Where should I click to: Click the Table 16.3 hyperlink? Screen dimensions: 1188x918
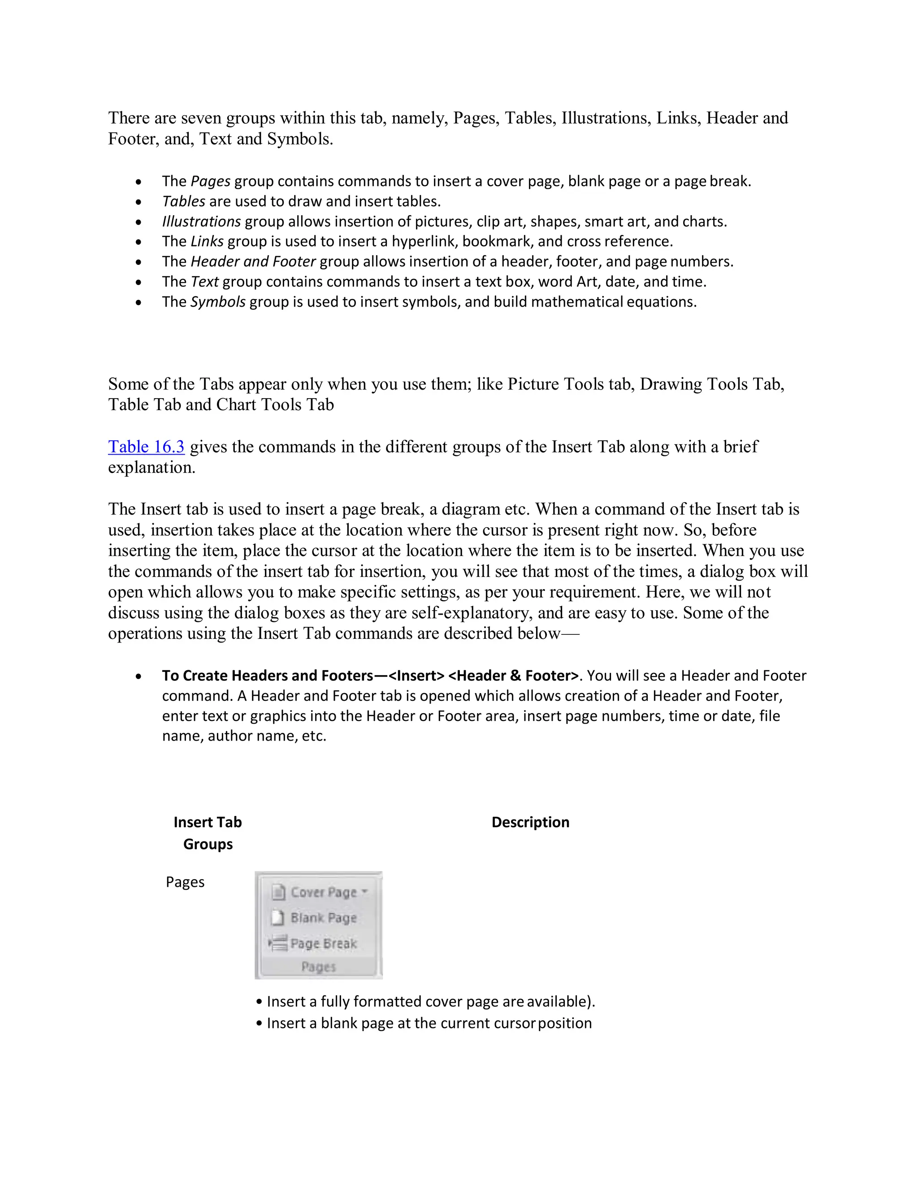(146, 447)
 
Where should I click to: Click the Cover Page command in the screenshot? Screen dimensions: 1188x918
(323, 893)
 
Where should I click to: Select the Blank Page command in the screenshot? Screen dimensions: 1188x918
(323, 918)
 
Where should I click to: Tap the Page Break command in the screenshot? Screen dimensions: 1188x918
(323, 944)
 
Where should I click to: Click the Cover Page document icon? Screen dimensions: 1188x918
(278, 893)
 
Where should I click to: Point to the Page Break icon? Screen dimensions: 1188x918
(278, 943)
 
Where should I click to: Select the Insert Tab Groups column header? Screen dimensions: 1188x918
(208, 833)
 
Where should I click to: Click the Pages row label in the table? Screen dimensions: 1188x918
(185, 882)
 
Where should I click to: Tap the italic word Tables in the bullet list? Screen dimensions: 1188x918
(184, 202)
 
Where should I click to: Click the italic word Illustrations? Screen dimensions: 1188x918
(201, 222)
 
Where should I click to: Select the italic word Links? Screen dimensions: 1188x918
(207, 242)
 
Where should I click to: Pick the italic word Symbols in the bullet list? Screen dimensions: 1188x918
(217, 302)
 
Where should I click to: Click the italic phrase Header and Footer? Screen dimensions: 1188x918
(253, 262)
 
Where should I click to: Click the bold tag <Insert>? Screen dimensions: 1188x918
(416, 676)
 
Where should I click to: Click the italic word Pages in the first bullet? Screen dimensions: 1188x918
(211, 182)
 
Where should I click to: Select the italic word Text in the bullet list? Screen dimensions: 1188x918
(204, 282)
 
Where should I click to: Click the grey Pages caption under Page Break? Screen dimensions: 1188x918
(319, 967)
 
